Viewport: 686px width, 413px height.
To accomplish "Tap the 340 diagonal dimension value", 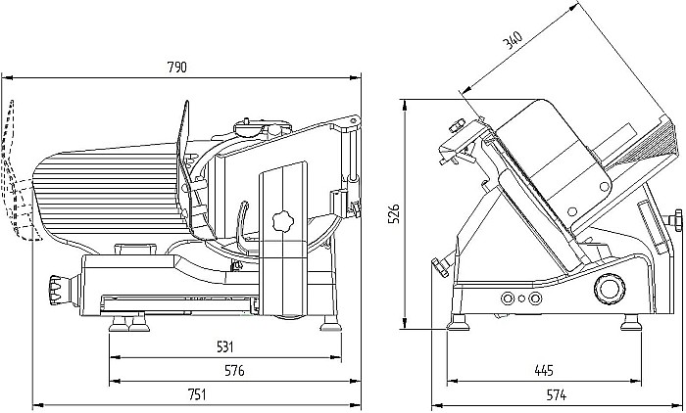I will pyautogui.click(x=511, y=41).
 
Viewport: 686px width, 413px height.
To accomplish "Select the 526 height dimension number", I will pyautogui.click(x=394, y=214).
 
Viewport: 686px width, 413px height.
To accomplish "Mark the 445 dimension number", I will pyautogui.click(x=544, y=371).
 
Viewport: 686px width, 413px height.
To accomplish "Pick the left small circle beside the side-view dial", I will pyautogui.click(x=508, y=298).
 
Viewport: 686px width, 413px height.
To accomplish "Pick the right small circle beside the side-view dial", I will pyautogui.click(x=535, y=298).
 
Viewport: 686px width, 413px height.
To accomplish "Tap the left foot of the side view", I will pyautogui.click(x=457, y=321).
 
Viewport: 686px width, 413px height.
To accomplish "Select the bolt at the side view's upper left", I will pyautogui.click(x=455, y=125).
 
